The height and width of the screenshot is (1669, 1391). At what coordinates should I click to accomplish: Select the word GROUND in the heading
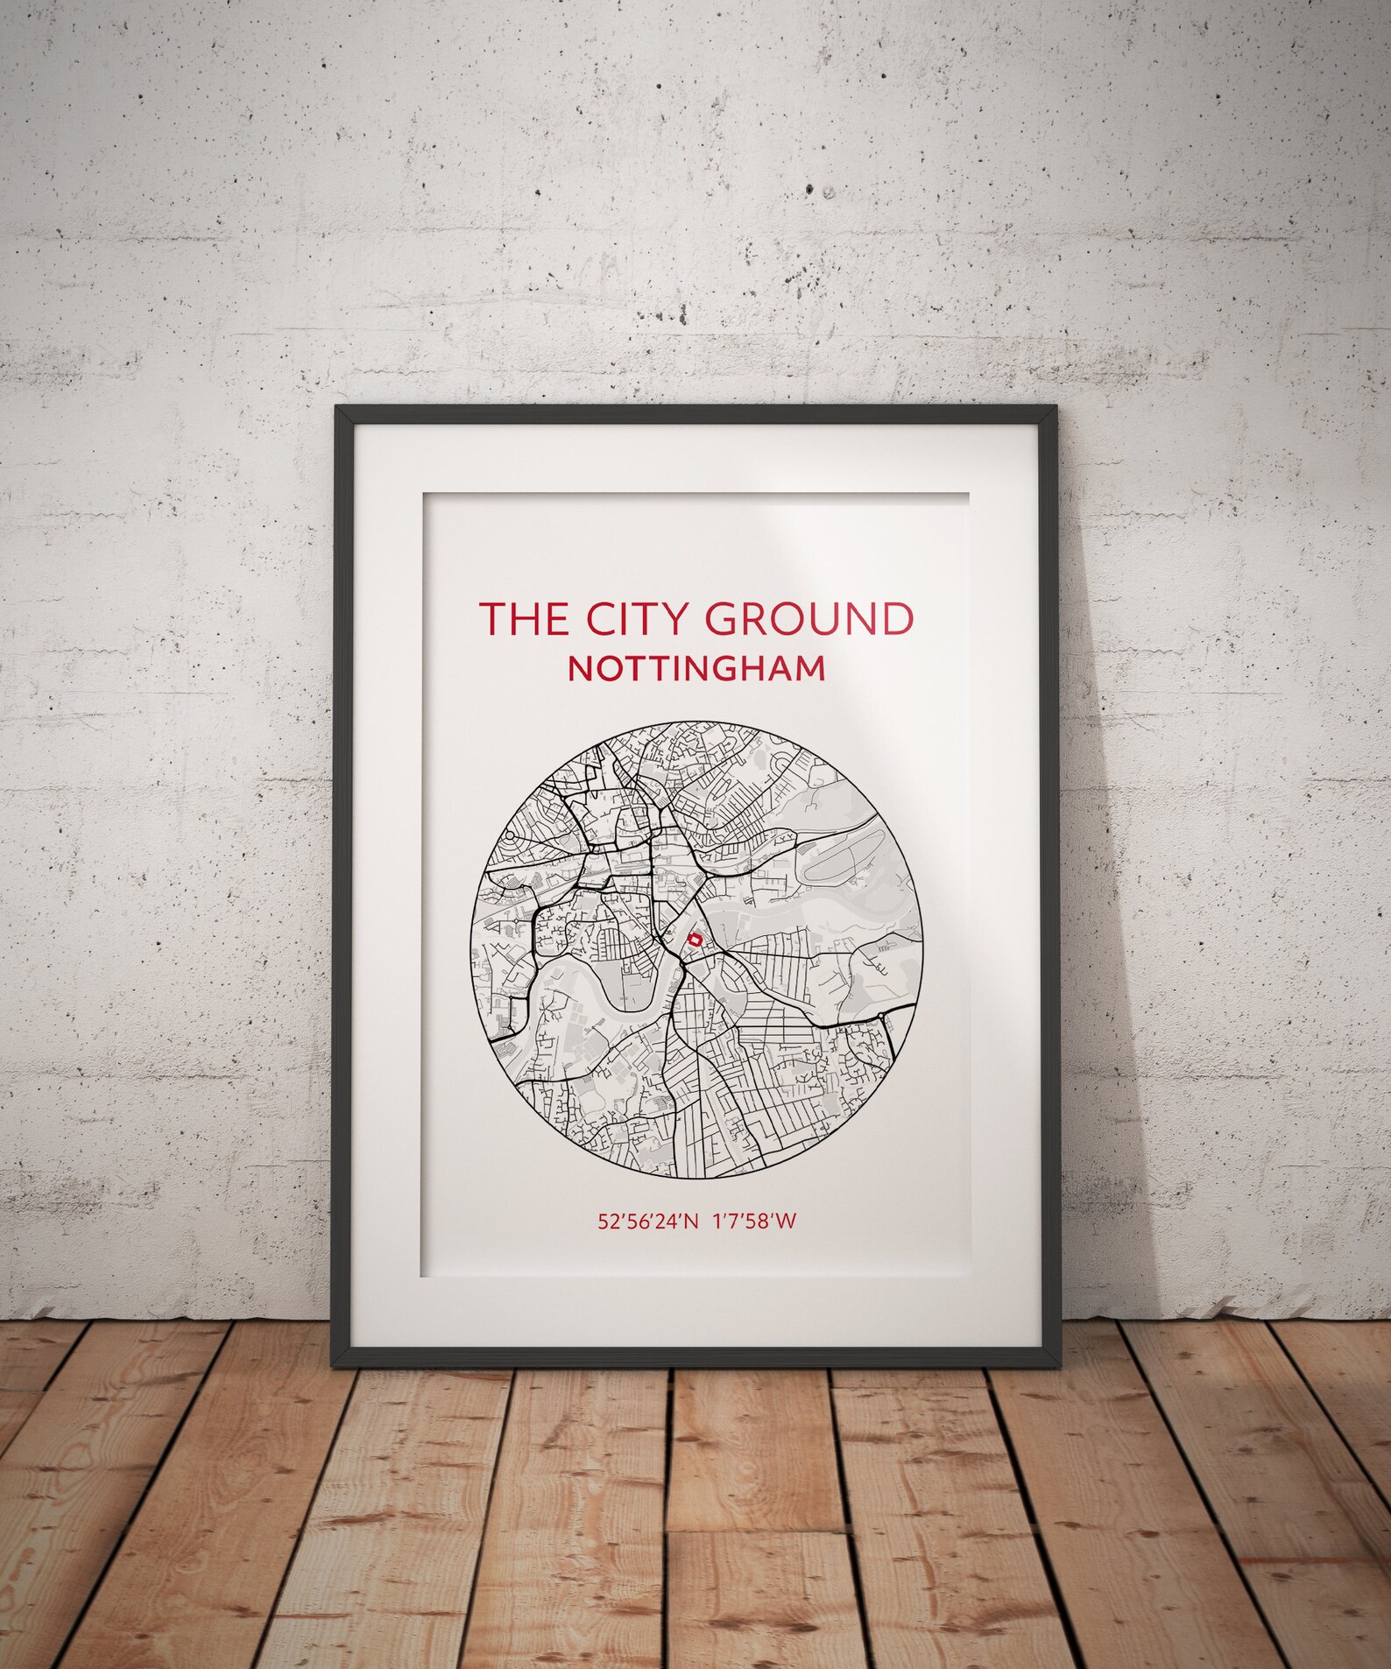[808, 618]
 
